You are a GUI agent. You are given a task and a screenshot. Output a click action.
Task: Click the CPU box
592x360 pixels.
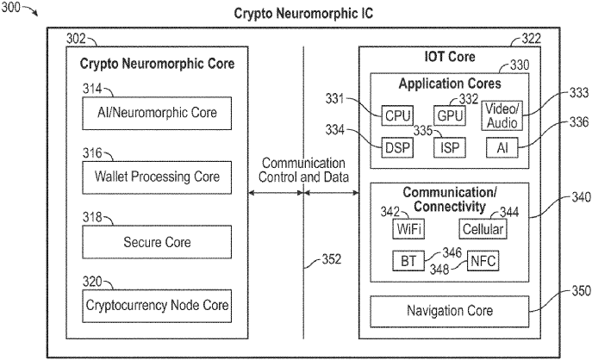pyautogui.click(x=397, y=115)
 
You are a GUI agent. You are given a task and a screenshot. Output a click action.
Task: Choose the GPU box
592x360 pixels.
pyautogui.click(x=449, y=115)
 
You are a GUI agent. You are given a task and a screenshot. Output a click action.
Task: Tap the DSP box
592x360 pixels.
pyautogui.click(x=397, y=146)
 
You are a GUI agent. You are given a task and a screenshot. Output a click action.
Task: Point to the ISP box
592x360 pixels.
pyautogui.click(x=449, y=146)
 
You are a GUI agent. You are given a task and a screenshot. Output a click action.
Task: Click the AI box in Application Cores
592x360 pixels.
pyautogui.click(x=501, y=146)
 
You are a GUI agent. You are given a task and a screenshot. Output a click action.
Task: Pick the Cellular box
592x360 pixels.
pyautogui.click(x=482, y=229)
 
